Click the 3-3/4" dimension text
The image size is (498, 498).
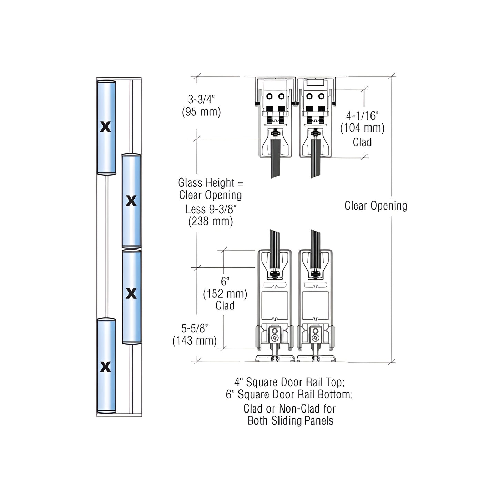coord(201,99)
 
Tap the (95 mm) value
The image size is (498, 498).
coord(201,112)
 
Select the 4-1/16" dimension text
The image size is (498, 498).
coord(362,115)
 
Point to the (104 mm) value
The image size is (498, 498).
coord(362,128)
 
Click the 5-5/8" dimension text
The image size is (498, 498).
coord(195,328)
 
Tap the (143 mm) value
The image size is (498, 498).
coord(195,341)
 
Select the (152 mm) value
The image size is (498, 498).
coord(225,294)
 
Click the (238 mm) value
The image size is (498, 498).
coord(211,221)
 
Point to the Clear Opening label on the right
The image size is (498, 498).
coord(376,206)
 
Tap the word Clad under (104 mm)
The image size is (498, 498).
coord(362,142)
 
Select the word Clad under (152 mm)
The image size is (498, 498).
coord(225,306)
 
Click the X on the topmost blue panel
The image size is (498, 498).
coord(105,127)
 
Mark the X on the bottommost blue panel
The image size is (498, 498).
coord(105,367)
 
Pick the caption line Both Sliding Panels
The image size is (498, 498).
coord(290,421)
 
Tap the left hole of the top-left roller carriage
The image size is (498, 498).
coord(270,96)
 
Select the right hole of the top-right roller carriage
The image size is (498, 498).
coord(321,96)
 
